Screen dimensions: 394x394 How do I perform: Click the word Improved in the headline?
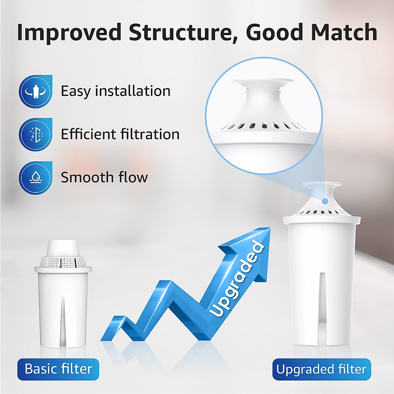point(69,32)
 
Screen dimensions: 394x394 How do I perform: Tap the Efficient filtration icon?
point(35,135)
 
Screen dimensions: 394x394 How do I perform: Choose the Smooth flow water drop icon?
point(35,178)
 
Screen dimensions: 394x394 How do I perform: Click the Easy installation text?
point(116,91)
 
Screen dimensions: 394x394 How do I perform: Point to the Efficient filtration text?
point(120,134)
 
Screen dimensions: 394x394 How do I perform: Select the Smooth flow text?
point(104,177)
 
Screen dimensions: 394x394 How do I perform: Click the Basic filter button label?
point(58,369)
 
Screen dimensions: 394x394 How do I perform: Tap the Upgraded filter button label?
point(321,369)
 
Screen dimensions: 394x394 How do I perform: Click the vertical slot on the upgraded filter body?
point(322,295)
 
